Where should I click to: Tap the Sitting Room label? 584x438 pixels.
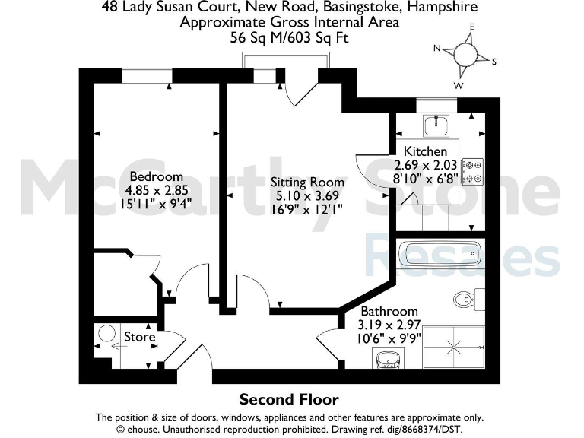(x=307, y=182)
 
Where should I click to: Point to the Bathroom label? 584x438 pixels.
(x=389, y=311)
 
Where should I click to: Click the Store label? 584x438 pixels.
(x=140, y=336)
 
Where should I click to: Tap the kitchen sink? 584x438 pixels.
(x=436, y=124)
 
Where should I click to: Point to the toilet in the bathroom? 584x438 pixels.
(x=465, y=297)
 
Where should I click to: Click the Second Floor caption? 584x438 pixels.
(x=289, y=399)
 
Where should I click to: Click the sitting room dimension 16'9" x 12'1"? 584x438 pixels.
(x=307, y=210)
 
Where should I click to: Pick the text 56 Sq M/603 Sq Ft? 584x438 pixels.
(x=290, y=36)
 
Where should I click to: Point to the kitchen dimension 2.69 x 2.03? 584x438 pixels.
(x=425, y=165)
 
